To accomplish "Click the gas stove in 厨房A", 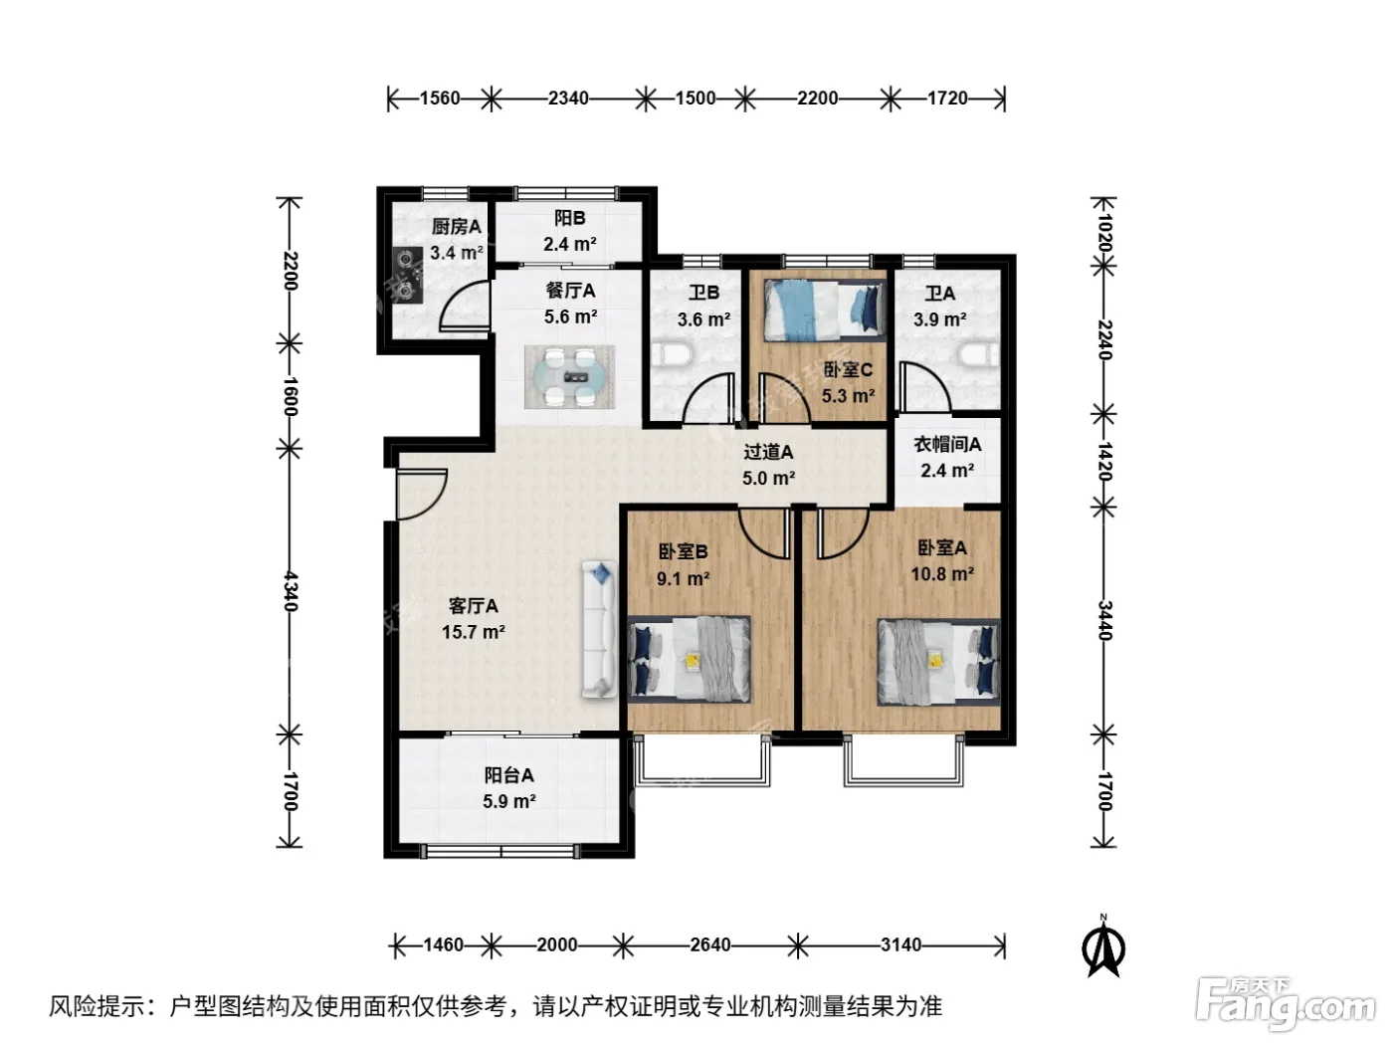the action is click(x=407, y=276).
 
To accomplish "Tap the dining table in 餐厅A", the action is click(x=569, y=377).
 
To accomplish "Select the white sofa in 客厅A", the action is click(x=599, y=630).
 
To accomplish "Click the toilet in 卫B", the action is click(x=671, y=354).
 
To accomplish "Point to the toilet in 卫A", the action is click(x=979, y=354).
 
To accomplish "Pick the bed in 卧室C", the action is click(x=825, y=311).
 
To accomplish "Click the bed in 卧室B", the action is click(x=690, y=659).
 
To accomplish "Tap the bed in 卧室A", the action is click(x=938, y=663).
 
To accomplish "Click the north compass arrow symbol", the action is click(x=1103, y=948).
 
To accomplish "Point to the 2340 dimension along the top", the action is click(x=568, y=99).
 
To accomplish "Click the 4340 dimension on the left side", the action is click(x=290, y=591).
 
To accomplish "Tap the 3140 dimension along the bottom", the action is click(x=900, y=944).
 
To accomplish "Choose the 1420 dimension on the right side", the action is click(x=1104, y=461).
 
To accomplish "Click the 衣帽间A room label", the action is click(x=947, y=444).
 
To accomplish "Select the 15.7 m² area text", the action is click(x=474, y=632).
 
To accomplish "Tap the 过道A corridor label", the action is click(x=768, y=452).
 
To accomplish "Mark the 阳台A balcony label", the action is click(x=509, y=774).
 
